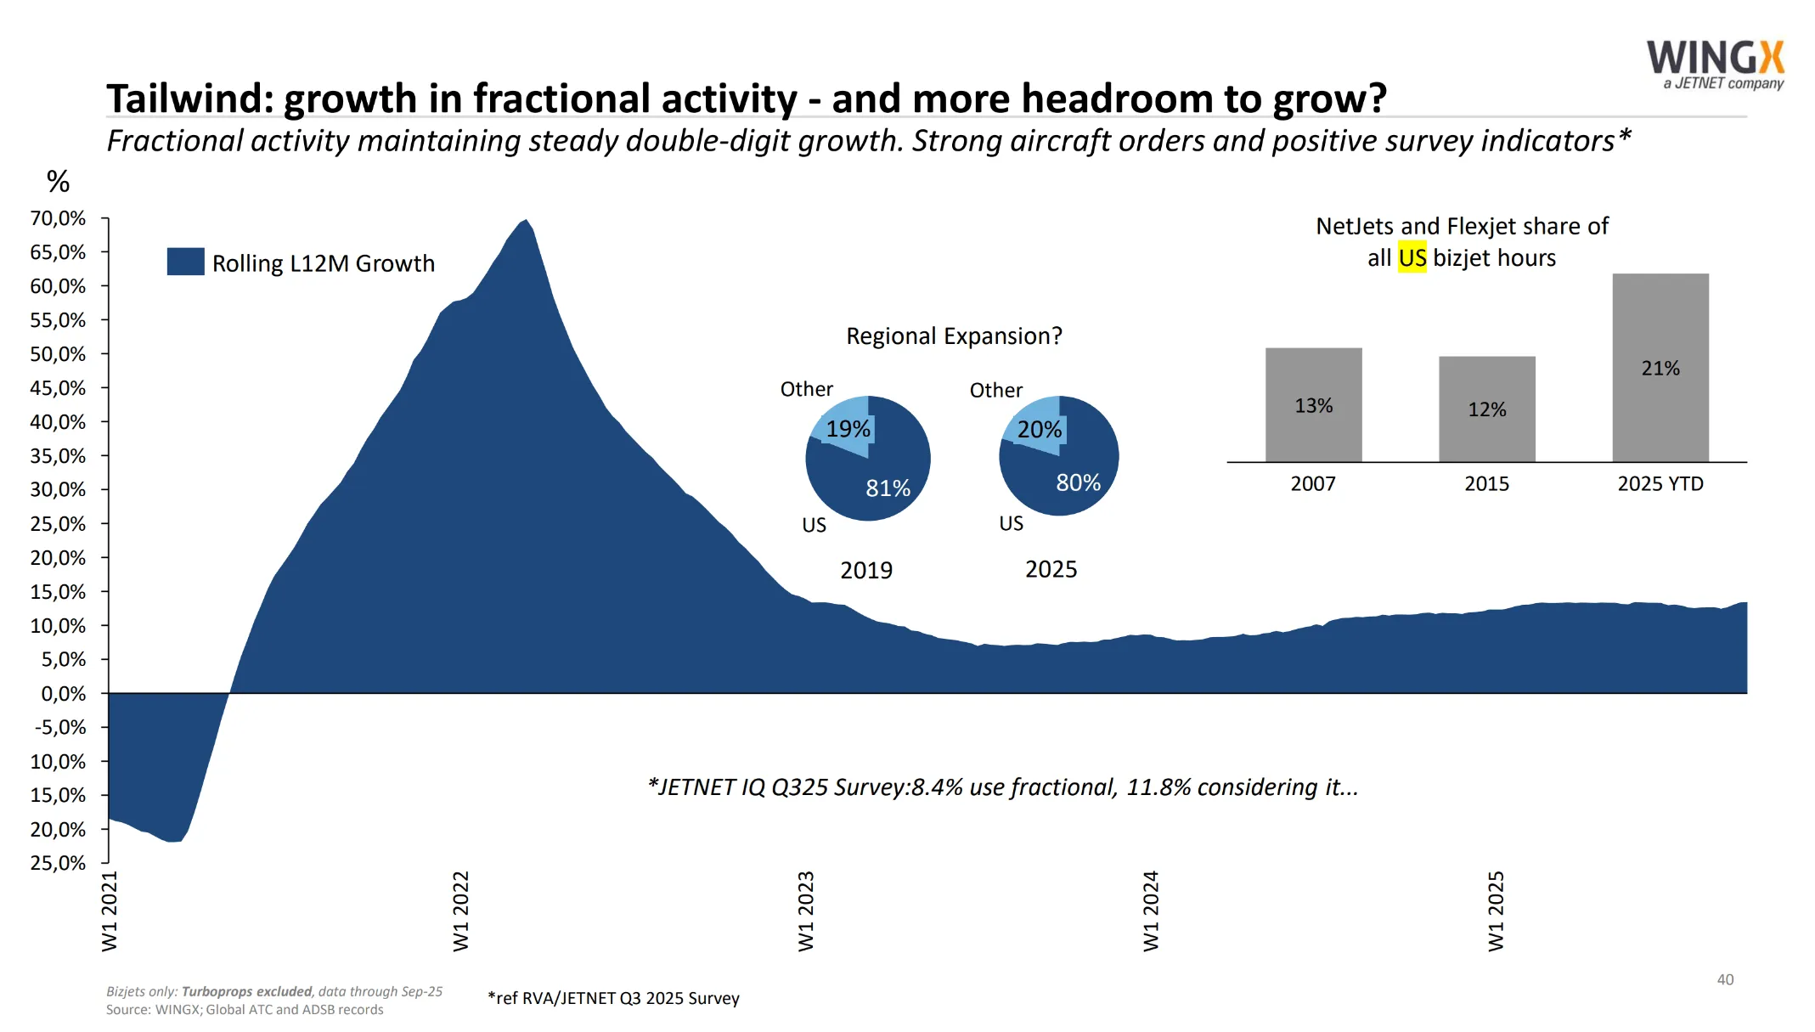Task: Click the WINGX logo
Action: click(1715, 65)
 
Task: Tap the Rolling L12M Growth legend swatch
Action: click(185, 262)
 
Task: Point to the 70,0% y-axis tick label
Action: click(58, 218)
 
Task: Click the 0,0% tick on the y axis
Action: click(63, 694)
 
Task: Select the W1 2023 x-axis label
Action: click(806, 911)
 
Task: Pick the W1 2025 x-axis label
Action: click(1496, 911)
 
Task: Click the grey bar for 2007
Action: click(1313, 404)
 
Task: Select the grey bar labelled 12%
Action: click(1486, 409)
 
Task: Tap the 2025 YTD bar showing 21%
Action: click(1660, 367)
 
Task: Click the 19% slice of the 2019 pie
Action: click(846, 425)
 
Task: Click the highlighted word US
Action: click(1412, 257)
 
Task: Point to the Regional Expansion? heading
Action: click(953, 336)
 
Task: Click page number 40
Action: click(1724, 979)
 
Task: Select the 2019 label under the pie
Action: click(865, 570)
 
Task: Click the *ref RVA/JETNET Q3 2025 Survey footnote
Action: click(613, 998)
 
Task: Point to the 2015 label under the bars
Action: click(1486, 484)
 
